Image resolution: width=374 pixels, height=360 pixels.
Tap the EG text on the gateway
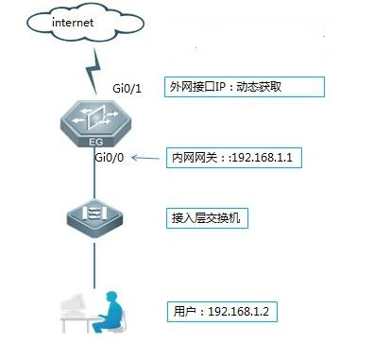(x=94, y=141)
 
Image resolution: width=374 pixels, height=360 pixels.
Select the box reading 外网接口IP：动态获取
(x=245, y=87)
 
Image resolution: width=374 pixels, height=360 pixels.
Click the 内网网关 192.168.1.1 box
(x=232, y=158)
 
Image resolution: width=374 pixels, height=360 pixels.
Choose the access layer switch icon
(x=93, y=218)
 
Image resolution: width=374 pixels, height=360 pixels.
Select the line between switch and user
(x=93, y=259)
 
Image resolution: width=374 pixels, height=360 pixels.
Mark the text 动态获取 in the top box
(x=284, y=87)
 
